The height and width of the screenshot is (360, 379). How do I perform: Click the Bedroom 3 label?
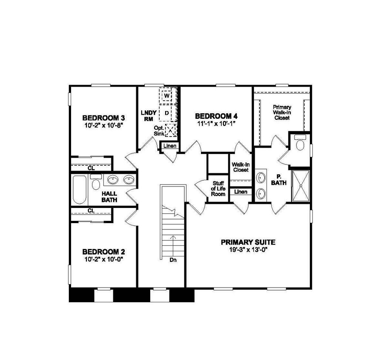[104, 118]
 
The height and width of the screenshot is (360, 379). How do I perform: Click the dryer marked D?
[167, 112]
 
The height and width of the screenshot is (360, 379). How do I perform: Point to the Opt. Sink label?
[159, 130]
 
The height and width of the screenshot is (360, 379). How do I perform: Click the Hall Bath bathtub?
[80, 190]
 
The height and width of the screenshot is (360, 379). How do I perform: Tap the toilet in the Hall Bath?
[96, 184]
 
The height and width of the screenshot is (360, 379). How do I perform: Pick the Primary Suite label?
[248, 242]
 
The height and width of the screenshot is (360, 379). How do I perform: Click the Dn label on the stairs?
[173, 260]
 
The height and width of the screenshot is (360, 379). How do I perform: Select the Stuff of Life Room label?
[218, 188]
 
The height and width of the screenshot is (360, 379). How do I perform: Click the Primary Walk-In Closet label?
[282, 112]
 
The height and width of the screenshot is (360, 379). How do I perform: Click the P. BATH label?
[278, 180]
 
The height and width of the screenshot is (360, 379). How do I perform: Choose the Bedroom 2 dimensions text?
[104, 259]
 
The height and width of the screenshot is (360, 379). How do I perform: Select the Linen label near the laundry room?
[170, 146]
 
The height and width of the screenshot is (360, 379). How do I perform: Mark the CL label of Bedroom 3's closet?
[91, 168]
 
